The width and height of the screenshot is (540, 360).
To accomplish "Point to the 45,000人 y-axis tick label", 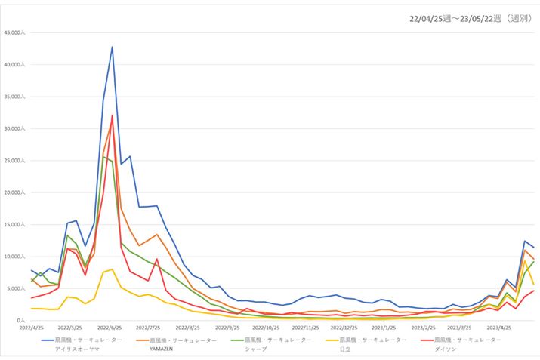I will [x=15, y=33].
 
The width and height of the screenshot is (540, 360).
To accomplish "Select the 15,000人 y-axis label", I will [x=15, y=225].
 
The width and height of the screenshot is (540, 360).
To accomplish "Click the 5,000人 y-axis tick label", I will [x=17, y=288].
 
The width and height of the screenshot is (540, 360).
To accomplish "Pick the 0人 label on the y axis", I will [x=20, y=321].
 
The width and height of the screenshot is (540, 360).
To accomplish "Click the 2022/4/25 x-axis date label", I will [x=31, y=328].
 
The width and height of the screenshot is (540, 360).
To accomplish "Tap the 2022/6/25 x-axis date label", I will [x=110, y=328].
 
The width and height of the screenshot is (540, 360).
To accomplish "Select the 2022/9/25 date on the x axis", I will [x=227, y=328].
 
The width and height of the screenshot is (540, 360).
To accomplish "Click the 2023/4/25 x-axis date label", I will [x=501, y=328].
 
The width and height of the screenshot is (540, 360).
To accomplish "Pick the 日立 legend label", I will [x=344, y=349].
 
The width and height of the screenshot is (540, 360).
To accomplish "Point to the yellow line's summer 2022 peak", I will [x=113, y=269].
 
